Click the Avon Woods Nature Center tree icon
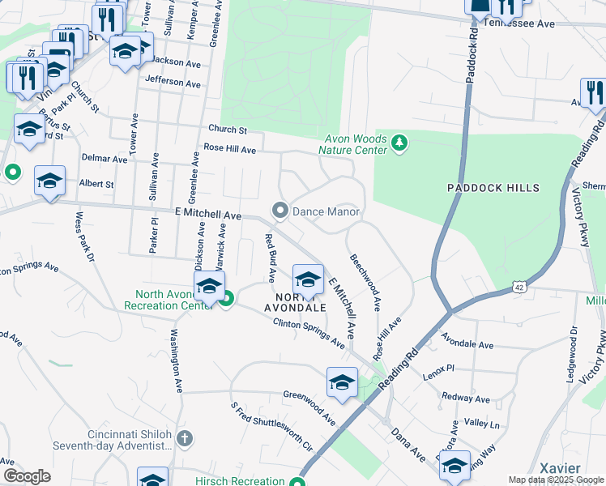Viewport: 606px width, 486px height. (399, 143)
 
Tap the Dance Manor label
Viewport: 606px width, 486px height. (325, 211)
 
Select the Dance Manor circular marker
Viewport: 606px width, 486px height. (280, 211)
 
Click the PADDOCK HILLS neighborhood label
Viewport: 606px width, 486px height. (493, 188)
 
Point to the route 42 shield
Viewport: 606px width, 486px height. (518, 288)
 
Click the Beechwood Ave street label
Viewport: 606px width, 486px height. (365, 283)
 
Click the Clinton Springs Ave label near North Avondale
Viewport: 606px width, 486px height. (309, 333)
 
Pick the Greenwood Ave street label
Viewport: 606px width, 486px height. (309, 407)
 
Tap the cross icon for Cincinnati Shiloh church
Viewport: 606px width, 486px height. (185, 440)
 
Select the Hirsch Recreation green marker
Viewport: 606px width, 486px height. (297, 481)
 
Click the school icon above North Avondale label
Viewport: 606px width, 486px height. (308, 279)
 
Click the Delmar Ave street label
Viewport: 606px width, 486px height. (105, 159)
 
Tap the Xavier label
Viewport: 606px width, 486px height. (560, 468)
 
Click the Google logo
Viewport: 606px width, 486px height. (27, 475)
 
